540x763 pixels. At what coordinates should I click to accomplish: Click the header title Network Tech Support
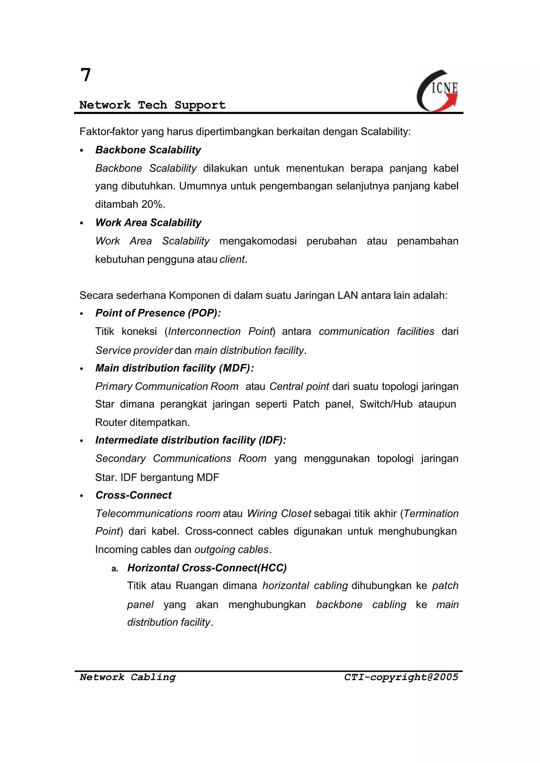[152, 105]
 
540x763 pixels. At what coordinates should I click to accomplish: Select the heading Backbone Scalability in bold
[148, 150]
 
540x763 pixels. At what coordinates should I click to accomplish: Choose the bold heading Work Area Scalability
[148, 223]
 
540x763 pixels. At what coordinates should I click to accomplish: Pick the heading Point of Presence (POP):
[158, 313]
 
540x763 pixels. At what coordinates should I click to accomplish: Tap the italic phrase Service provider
[134, 350]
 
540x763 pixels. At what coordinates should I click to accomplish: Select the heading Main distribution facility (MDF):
[175, 368]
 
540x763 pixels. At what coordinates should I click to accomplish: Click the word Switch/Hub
[386, 404]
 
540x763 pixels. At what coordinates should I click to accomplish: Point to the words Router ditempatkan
[142, 423]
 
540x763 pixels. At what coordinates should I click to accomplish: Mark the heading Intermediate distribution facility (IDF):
[191, 440]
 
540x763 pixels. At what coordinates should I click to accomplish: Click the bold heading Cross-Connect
[133, 495]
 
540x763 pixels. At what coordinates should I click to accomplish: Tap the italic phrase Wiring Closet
[279, 513]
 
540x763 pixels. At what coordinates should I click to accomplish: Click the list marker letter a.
[115, 569]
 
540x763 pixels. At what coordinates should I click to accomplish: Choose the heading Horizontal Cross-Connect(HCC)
[207, 568]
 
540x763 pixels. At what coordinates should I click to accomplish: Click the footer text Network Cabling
[128, 677]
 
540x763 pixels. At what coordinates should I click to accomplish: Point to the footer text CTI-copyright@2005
[401, 677]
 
